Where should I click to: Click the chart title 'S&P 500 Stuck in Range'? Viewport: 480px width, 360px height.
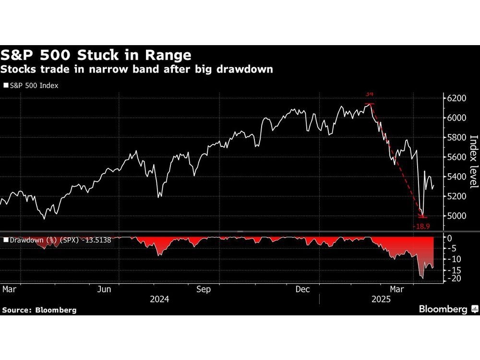tap(96, 54)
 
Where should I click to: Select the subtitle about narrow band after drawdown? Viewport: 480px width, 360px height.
tap(137, 69)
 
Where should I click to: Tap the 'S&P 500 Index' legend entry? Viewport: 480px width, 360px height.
tap(31, 86)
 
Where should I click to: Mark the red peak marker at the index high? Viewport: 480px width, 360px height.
tap(370, 103)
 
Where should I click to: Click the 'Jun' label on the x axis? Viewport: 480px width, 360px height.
tap(104, 289)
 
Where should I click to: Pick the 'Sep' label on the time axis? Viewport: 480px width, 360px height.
tap(204, 289)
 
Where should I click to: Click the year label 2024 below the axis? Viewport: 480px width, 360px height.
tap(159, 299)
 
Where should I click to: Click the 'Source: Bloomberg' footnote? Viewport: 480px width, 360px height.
tap(39, 310)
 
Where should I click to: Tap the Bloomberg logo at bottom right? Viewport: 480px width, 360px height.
tap(447, 309)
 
